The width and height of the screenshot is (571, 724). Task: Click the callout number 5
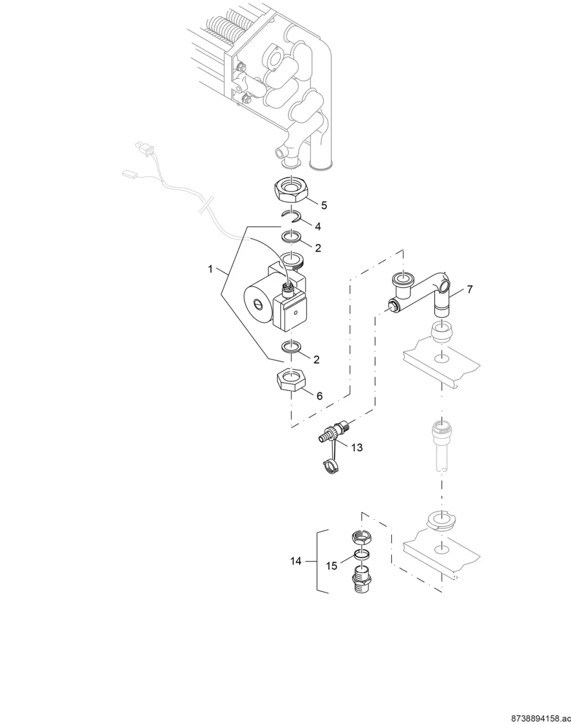[324, 205]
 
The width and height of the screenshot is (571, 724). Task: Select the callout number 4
[318, 226]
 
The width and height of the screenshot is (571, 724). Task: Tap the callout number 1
[211, 269]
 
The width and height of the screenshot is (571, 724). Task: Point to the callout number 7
[469, 289]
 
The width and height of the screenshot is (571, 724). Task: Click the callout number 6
[320, 396]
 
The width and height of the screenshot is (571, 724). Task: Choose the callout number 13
[357, 447]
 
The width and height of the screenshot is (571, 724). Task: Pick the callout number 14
[296, 561]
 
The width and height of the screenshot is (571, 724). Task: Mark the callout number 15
[332, 566]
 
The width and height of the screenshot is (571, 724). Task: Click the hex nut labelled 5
[292, 190]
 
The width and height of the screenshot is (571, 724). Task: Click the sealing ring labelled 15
[361, 553]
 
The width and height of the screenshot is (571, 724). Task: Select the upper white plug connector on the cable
[143, 148]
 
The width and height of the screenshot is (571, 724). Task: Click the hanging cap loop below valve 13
[329, 467]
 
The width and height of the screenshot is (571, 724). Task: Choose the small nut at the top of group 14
[361, 539]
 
